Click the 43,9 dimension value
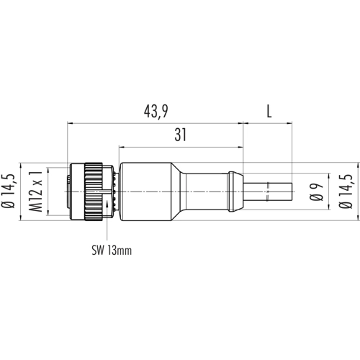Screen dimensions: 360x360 pos(156,112)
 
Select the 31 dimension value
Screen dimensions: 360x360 pos(181,135)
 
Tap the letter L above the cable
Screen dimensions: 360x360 pos(269,112)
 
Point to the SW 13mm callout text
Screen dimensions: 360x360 pos(112,251)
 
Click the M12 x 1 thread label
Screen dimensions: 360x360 pos(36,192)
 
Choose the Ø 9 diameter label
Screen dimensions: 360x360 pos(316,192)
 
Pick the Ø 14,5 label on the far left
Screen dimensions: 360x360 pos(8,191)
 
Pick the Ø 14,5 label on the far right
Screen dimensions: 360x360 pos(346,192)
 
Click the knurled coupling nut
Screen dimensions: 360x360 pos(94,192)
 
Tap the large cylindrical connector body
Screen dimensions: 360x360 pos(145,192)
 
